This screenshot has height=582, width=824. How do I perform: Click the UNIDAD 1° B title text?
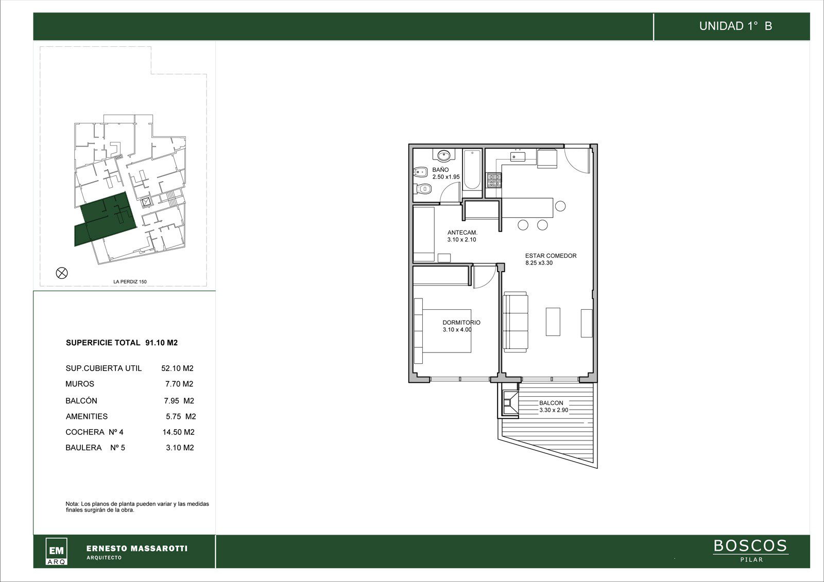tap(735, 26)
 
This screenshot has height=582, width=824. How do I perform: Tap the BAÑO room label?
tap(440, 170)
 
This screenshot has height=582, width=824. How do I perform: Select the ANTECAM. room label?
tap(462, 233)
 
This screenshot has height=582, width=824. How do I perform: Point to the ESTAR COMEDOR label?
tap(551, 256)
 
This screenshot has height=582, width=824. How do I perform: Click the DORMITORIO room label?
tap(461, 323)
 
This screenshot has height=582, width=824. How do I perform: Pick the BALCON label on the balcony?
tap(551, 403)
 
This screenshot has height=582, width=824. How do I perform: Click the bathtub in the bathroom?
tap(472, 169)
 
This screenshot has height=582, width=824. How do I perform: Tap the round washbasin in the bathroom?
tap(444, 156)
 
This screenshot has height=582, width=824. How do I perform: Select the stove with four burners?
tap(494, 180)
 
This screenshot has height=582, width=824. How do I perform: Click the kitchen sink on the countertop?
tap(518, 157)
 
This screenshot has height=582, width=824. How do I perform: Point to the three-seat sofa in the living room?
tap(516, 321)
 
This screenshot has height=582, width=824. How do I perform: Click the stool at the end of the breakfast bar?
tap(560, 206)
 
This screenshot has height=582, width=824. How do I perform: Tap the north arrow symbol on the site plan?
tap(62, 273)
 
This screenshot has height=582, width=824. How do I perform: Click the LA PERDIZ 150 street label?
tap(130, 281)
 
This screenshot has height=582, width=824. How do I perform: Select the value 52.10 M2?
tap(177, 368)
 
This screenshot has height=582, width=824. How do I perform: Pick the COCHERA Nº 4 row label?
tap(95, 432)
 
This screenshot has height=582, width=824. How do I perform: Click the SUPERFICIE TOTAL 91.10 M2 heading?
tap(122, 343)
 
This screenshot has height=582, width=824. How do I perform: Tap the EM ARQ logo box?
tap(56, 551)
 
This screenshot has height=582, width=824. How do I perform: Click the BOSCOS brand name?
tap(750, 546)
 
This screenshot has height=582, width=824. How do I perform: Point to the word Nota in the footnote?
tap(72, 504)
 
